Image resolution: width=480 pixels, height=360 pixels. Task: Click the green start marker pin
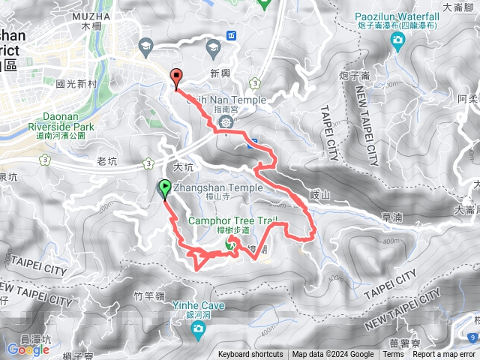[x=164, y=189]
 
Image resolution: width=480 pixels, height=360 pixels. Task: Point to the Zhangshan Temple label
[x=217, y=187]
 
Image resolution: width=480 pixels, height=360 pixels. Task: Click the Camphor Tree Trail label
[x=232, y=220]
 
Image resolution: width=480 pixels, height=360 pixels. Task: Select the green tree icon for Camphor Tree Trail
[x=232, y=247]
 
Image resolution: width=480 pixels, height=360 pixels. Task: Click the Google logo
[x=28, y=349]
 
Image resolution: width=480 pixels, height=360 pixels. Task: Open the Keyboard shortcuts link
[x=250, y=355]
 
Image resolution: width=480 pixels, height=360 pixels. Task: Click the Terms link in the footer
[x=393, y=355]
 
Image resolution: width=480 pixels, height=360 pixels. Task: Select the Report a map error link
[x=444, y=355]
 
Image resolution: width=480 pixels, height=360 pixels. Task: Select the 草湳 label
[x=391, y=216]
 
